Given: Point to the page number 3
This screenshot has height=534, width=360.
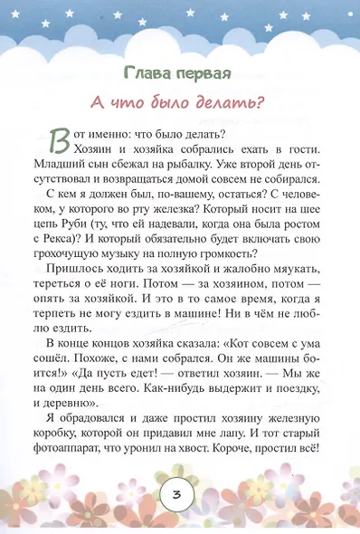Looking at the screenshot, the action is [179, 496].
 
